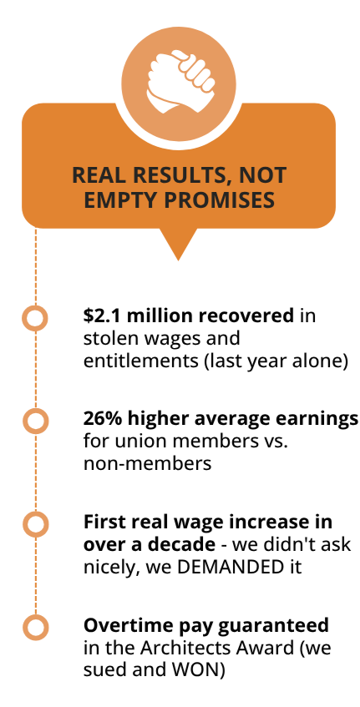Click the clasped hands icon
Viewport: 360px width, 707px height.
point(180,82)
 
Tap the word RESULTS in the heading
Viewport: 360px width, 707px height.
point(173,175)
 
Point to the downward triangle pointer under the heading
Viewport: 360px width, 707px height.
point(179,244)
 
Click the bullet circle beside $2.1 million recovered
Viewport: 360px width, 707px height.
point(35,318)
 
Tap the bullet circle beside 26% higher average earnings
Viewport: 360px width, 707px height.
point(35,422)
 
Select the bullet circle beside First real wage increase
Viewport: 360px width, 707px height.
point(35,524)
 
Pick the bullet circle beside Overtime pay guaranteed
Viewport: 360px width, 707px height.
point(35,628)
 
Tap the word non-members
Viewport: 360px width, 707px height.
point(148,463)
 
